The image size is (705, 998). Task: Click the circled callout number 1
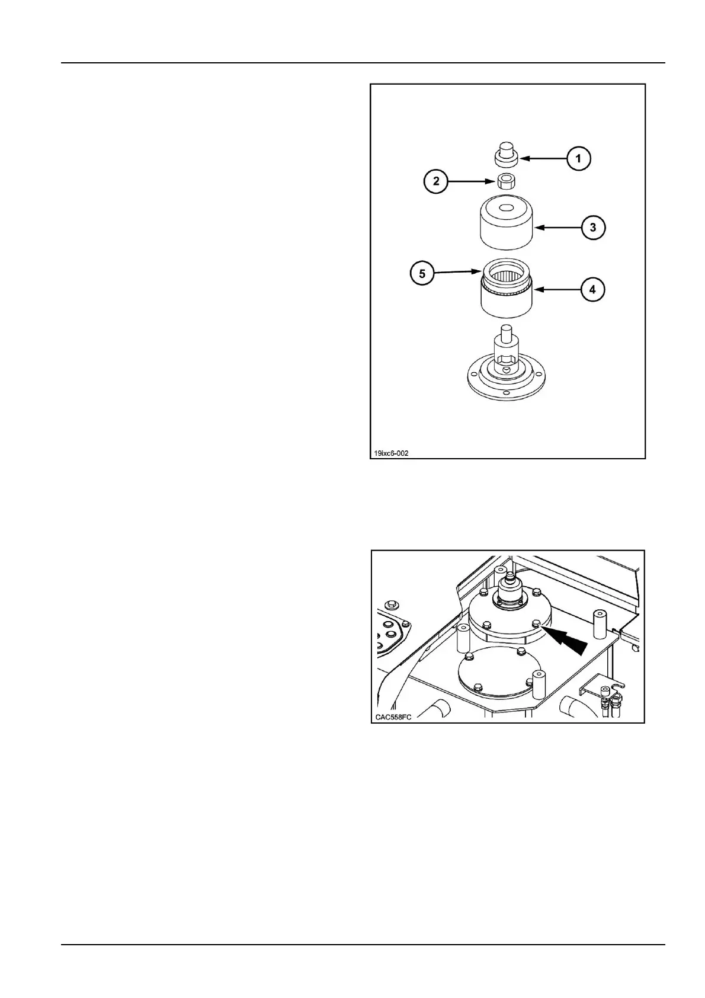(x=578, y=159)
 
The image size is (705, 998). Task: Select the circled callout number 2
(x=436, y=181)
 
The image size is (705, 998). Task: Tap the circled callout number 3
(x=593, y=227)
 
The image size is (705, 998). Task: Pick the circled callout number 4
(x=592, y=290)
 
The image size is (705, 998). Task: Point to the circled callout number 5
(x=422, y=274)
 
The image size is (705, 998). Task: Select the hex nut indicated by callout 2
(x=506, y=181)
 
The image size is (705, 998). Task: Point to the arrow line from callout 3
(x=557, y=227)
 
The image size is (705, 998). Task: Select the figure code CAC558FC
(x=393, y=717)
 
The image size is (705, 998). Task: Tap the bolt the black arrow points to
(x=536, y=623)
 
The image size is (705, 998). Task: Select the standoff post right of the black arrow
(x=598, y=623)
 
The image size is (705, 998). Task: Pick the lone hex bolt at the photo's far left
(x=390, y=605)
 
